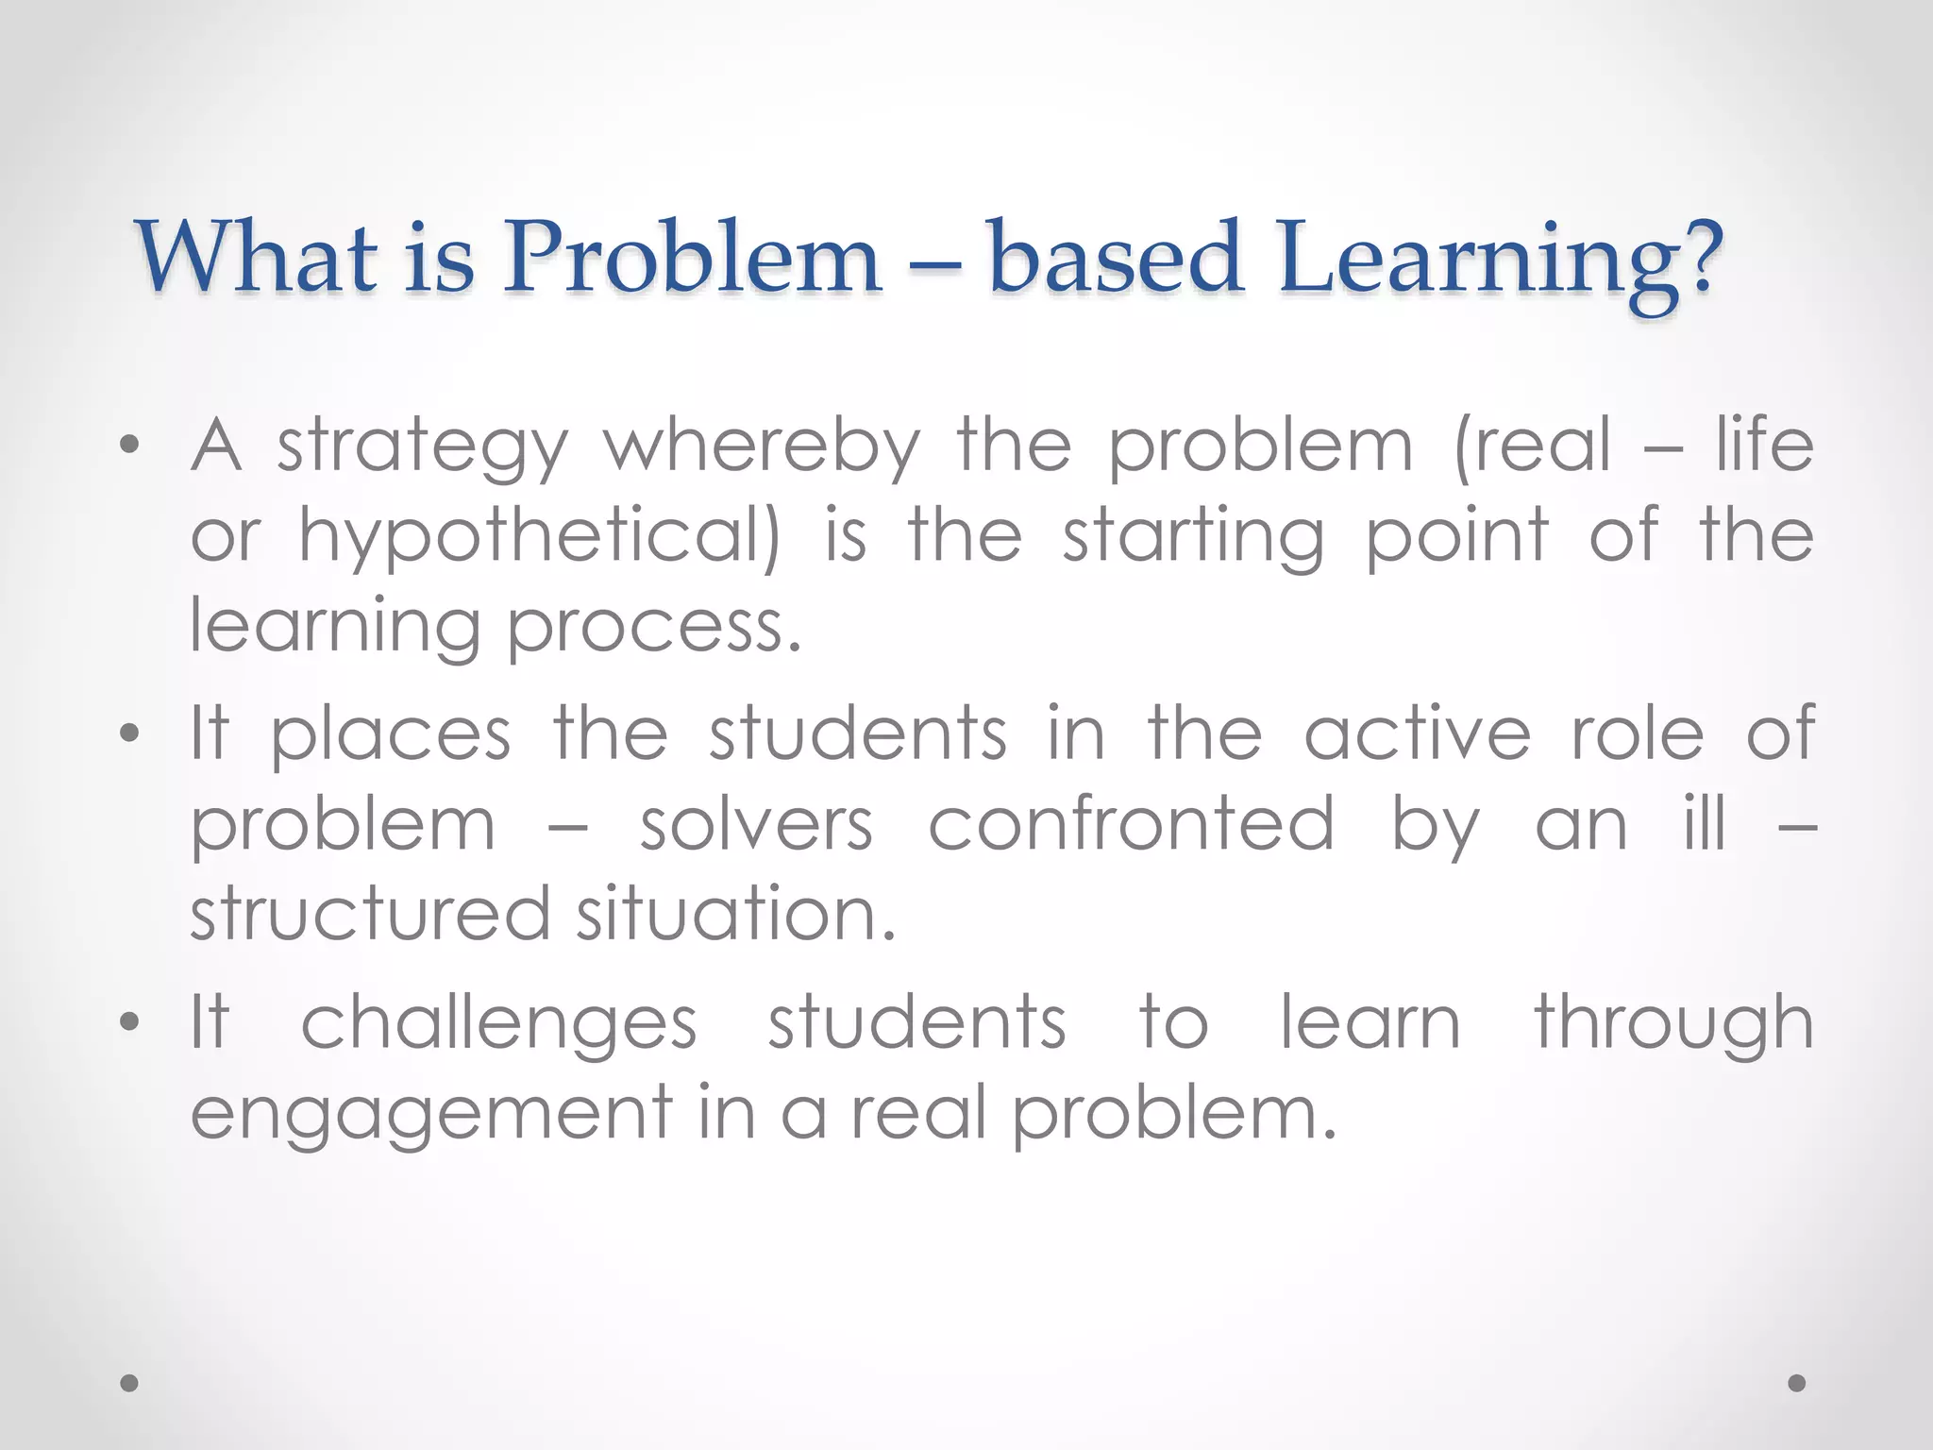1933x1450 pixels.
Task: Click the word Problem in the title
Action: click(691, 257)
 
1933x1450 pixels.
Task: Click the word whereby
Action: click(762, 446)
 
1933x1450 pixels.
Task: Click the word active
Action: click(1417, 734)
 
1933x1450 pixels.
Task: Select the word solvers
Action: click(756, 825)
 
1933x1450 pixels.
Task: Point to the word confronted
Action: click(1132, 824)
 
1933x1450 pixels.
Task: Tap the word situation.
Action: click(735, 915)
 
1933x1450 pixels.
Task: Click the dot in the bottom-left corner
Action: click(130, 1383)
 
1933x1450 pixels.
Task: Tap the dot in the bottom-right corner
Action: click(1797, 1383)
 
